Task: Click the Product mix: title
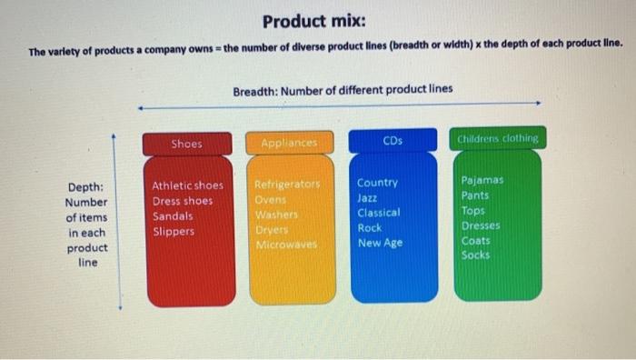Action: [x=313, y=20]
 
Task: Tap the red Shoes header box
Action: [x=187, y=144]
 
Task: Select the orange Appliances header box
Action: [x=290, y=144]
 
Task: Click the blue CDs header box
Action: [x=393, y=141]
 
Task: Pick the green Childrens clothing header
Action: [x=500, y=138]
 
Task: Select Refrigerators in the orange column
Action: [x=289, y=184]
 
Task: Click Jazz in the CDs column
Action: [x=367, y=197]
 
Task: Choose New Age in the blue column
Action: [x=379, y=243]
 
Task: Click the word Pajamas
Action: [x=482, y=180]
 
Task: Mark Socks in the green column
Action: [x=474, y=255]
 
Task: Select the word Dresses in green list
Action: [x=481, y=225]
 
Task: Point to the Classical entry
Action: [x=378, y=213]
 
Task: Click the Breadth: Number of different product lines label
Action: [x=342, y=90]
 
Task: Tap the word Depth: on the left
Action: [x=85, y=187]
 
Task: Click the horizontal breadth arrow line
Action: [x=336, y=106]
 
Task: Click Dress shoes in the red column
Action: [x=182, y=201]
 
